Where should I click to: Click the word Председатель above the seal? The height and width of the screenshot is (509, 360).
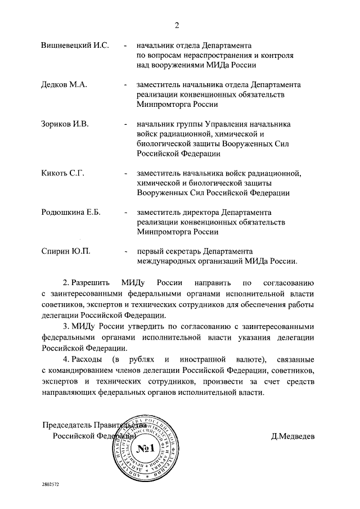coord(68,426)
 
